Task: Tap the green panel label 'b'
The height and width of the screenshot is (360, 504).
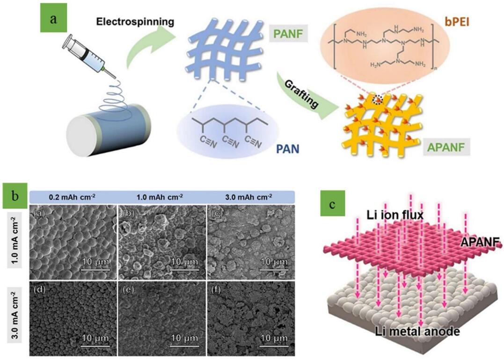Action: click(15, 196)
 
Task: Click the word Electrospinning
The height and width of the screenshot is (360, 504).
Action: click(135, 22)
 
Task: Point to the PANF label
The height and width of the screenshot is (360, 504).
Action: click(288, 33)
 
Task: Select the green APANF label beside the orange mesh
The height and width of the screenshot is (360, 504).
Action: click(446, 147)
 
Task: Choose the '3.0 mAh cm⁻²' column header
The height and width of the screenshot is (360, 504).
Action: click(248, 197)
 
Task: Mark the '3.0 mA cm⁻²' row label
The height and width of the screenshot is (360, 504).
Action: click(15, 316)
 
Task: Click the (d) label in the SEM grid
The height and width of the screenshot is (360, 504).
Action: click(39, 290)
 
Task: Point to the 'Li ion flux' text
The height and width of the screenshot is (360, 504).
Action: click(395, 215)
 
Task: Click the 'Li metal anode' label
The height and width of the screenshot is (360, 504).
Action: click(417, 331)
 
